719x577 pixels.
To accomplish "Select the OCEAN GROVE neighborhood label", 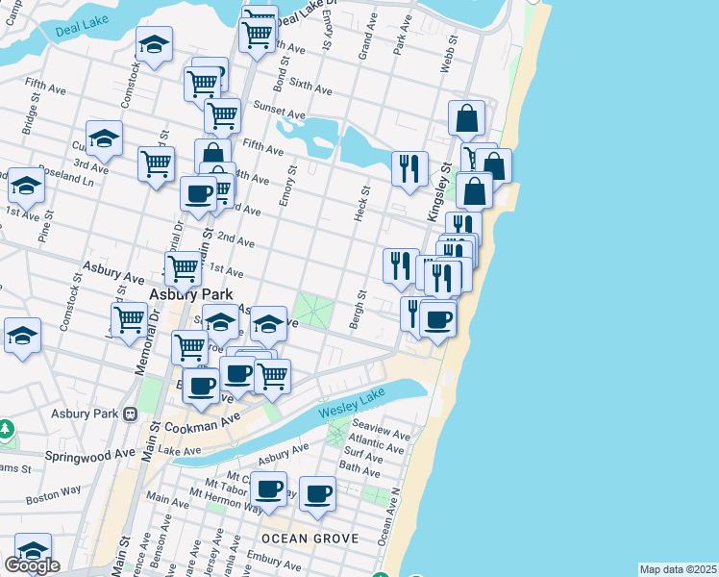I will click(x=310, y=539).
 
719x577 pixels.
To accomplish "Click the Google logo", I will click(x=32, y=565).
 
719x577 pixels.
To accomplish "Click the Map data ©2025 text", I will click(x=677, y=569).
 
